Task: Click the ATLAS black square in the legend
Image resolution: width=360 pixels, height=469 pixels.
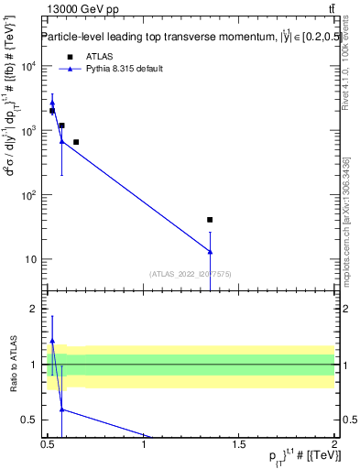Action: click(70, 57)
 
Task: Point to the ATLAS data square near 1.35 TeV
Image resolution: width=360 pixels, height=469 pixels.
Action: click(210, 220)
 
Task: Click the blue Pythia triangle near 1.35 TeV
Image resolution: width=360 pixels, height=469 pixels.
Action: click(210, 252)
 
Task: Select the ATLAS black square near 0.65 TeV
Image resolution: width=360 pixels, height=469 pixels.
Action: click(76, 142)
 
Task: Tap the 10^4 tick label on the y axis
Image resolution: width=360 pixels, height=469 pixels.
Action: click(28, 67)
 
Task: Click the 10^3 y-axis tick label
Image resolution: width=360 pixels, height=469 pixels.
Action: click(28, 131)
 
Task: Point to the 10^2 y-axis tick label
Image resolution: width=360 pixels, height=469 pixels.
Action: click(28, 195)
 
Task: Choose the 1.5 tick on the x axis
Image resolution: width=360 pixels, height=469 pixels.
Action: click(239, 446)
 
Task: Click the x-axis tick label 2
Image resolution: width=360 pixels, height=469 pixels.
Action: click(334, 446)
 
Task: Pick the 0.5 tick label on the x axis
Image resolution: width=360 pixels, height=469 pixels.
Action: click(48, 446)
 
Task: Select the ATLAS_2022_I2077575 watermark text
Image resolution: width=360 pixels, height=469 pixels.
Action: click(191, 274)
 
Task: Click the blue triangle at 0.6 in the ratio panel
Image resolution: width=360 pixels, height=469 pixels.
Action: click(61, 409)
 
